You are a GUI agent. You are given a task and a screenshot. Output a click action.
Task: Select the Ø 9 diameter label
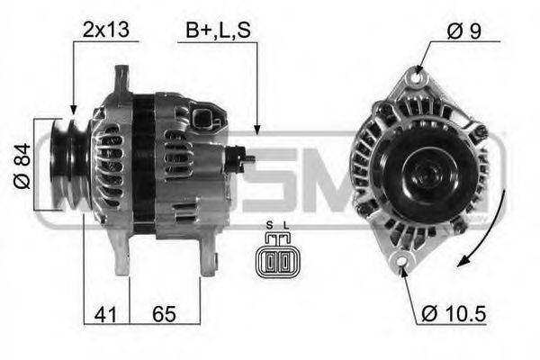(464, 31)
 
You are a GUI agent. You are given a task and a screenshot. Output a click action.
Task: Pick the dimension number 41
(105, 314)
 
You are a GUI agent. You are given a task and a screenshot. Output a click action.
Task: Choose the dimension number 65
(163, 314)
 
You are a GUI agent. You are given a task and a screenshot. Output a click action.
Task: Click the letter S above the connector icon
(269, 225)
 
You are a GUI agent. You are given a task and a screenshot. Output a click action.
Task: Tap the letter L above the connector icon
(287, 225)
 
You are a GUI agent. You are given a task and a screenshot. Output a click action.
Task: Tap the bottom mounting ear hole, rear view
(403, 261)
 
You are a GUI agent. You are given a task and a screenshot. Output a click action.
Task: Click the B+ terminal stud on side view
(243, 158)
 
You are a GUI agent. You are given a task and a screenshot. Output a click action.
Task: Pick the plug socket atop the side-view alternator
(205, 120)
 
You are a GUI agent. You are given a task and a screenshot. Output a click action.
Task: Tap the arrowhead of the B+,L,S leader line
(257, 130)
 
